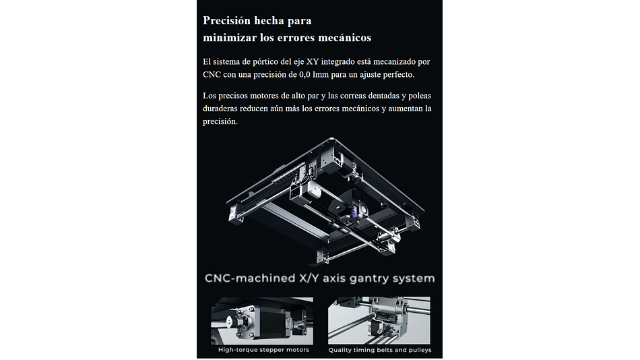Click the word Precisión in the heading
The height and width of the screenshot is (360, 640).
(x=226, y=20)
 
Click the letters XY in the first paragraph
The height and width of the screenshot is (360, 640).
(x=312, y=62)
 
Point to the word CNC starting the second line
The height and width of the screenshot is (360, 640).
(x=212, y=75)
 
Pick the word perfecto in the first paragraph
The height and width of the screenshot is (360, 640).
(x=398, y=75)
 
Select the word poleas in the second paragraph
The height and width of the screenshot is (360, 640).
(x=420, y=96)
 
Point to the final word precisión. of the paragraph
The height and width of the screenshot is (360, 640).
(x=220, y=121)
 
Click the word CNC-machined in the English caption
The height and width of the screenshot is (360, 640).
(x=250, y=278)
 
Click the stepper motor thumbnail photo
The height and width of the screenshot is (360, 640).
(x=262, y=321)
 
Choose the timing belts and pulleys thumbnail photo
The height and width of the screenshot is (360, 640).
(x=379, y=321)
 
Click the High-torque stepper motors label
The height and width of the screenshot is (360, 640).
(x=263, y=350)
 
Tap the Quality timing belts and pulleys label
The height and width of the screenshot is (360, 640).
(x=380, y=350)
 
